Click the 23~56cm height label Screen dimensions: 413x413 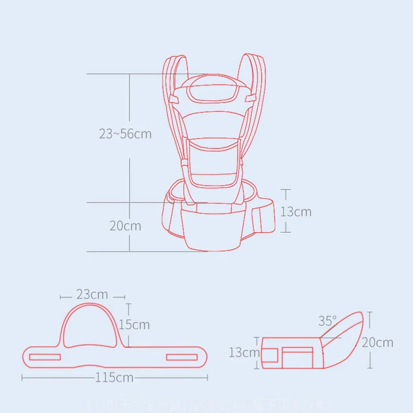pos(125,134)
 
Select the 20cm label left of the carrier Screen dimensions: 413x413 pos(125,226)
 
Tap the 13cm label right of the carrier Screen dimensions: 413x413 pos(296,211)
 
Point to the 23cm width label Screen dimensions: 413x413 pos(92,295)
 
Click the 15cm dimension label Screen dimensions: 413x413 pos(134,325)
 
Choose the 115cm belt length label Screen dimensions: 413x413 pos(114,377)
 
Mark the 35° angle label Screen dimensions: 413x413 pos(327,321)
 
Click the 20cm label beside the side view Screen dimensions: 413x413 pos(377,342)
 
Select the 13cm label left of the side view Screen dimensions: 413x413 pos(244,353)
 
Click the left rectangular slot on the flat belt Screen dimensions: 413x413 pos(45,357)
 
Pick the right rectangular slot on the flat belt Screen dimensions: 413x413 pos(182,357)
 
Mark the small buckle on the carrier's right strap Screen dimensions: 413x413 pos(249,98)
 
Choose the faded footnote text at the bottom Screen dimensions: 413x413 pos(206,403)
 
